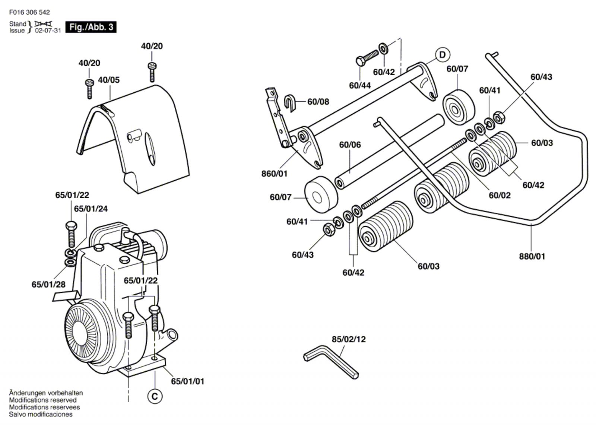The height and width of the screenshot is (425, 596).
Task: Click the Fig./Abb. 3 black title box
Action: point(91,27)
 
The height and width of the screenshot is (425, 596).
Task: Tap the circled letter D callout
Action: point(442,55)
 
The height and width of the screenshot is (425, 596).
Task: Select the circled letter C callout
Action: point(155,396)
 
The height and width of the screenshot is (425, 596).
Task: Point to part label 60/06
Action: point(350,145)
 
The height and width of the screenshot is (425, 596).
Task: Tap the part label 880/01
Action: point(532,256)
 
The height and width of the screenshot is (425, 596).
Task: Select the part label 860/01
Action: point(274,174)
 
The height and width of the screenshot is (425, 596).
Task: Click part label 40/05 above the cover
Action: point(109,80)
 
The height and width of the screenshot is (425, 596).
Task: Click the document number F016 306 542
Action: point(29,12)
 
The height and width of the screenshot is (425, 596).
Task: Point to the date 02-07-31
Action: point(48,31)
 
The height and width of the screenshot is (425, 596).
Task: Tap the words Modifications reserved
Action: point(43,400)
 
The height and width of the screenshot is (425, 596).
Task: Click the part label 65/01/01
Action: point(187,381)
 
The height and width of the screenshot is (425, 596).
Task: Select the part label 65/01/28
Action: point(48,285)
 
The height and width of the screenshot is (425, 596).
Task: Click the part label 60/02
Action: point(500,195)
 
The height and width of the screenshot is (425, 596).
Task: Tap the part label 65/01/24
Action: point(91,209)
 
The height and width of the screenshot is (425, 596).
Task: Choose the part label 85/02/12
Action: point(349,339)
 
